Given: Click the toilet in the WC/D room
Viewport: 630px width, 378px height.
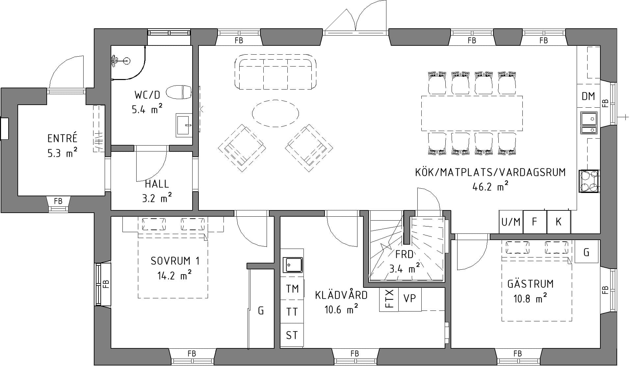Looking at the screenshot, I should [179, 92].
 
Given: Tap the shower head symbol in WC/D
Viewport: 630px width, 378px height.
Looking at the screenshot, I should [125, 61].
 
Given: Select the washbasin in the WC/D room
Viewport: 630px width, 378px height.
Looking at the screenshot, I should [184, 125].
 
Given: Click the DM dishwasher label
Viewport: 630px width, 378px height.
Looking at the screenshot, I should [588, 96].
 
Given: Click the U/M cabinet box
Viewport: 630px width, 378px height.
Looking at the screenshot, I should [511, 222].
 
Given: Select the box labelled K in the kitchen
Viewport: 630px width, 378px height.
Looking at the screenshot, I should [559, 222].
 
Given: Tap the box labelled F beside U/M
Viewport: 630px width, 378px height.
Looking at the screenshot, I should [535, 222].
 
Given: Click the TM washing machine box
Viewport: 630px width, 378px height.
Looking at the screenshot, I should [292, 289].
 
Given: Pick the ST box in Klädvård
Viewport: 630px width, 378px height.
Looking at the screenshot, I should [292, 335].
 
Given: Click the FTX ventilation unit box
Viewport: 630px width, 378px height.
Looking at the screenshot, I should [389, 299].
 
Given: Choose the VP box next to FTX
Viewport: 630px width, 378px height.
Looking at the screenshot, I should [410, 299].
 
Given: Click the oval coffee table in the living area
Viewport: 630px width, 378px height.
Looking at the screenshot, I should [276, 113].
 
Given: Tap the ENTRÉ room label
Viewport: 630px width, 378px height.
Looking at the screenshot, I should [63, 138].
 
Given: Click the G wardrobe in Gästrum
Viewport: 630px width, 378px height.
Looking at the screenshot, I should [586, 252].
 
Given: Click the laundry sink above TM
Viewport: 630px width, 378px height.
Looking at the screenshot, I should [292, 265].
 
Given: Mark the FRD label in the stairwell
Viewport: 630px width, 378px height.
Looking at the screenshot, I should [404, 255].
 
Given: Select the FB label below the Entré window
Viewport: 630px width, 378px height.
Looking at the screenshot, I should [58, 201].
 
